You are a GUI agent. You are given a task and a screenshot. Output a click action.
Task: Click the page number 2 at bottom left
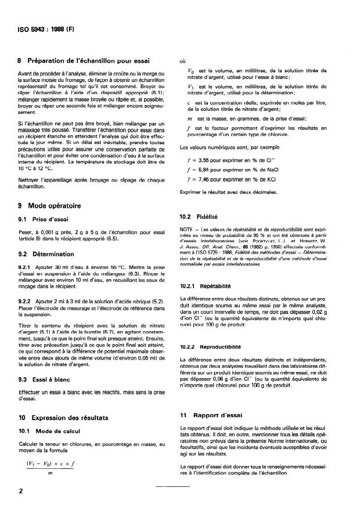(21, 491)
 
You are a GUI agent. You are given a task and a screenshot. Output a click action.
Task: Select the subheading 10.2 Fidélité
(200, 216)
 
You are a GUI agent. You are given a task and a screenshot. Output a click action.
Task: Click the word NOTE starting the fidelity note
(188, 230)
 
